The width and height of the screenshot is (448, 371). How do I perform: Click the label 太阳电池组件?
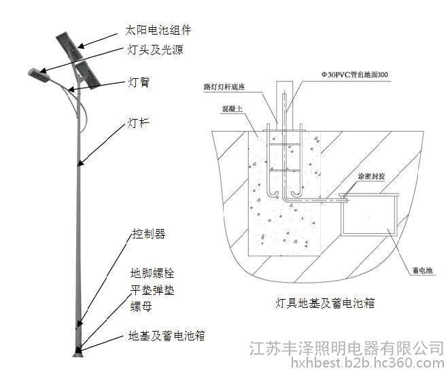[158, 31]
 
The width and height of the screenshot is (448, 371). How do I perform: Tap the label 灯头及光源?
[155, 50]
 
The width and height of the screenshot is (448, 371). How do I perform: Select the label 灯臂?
[139, 83]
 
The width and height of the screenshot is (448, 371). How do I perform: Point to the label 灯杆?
[139, 124]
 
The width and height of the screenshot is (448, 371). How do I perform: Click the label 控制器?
[149, 234]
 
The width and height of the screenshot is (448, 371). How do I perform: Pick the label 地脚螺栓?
[152, 274]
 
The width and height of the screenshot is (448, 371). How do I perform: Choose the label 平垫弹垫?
[152, 291]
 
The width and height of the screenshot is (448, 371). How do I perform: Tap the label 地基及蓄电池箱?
[167, 336]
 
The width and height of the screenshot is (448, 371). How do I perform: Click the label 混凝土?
[231, 109]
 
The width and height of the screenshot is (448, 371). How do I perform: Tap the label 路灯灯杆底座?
[226, 88]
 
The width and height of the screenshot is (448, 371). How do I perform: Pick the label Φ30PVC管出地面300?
[354, 73]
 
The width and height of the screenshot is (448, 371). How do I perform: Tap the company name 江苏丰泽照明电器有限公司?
[347, 348]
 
